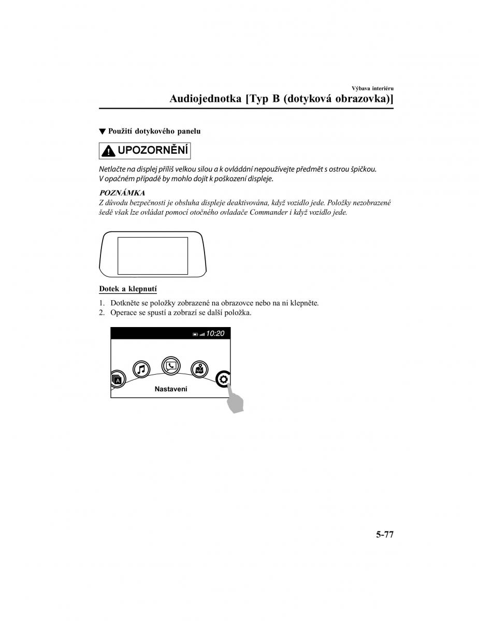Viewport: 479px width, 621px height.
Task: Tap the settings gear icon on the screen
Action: (x=224, y=379)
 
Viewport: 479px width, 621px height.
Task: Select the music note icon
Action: (x=141, y=369)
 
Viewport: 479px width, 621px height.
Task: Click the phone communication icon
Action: (x=170, y=366)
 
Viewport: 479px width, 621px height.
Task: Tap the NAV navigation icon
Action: (x=199, y=369)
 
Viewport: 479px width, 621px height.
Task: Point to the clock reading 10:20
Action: (x=215, y=334)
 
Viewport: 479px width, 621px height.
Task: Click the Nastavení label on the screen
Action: (x=171, y=389)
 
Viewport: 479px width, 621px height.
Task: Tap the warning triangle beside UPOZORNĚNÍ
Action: (x=108, y=151)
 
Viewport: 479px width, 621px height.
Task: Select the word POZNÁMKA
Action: (x=122, y=193)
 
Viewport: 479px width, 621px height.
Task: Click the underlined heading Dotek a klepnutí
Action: (x=128, y=289)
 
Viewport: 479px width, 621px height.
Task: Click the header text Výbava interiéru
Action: (x=373, y=87)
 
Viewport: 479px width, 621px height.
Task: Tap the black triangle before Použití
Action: (x=102, y=131)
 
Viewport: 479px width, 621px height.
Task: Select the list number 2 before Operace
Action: (x=101, y=313)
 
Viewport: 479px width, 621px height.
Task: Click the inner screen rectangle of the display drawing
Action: (x=153, y=256)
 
